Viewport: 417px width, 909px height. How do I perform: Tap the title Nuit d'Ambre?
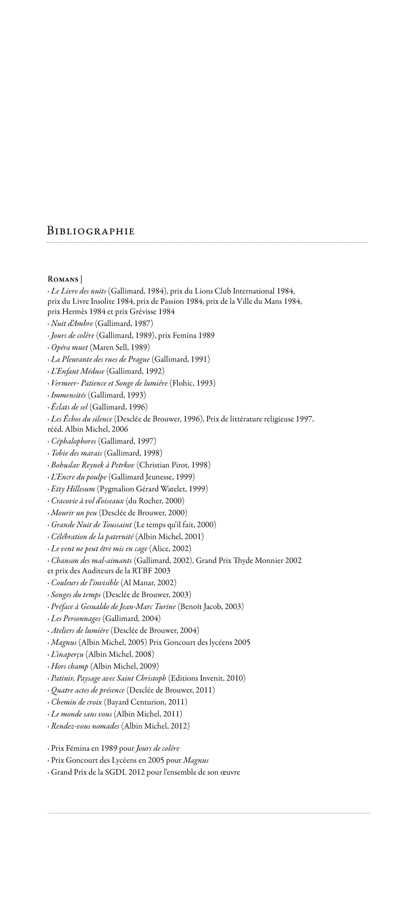click(71, 323)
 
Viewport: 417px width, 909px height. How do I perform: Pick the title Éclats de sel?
click(69, 406)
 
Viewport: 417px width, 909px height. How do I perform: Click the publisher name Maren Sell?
click(110, 347)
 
